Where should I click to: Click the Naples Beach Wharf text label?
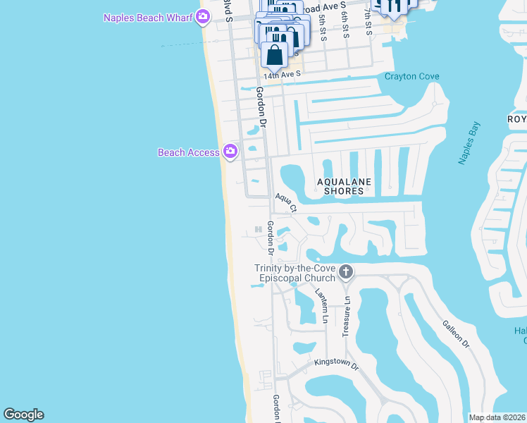point(147,18)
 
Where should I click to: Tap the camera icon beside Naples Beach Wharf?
point(203,17)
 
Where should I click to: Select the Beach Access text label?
point(188,152)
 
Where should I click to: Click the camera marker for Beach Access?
point(230,151)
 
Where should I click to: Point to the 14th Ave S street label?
point(282,73)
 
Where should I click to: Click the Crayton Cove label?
point(412,77)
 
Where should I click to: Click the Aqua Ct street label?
point(286,203)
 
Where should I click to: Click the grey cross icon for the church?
point(345,271)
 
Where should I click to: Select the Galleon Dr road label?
point(456,333)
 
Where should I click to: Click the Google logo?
point(23,415)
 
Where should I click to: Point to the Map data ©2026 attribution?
point(497,417)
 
